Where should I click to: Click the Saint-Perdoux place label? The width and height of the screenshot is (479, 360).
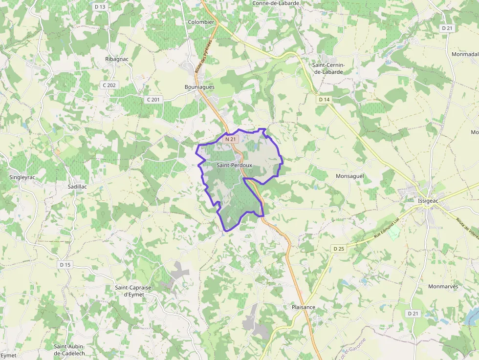[x=234, y=166]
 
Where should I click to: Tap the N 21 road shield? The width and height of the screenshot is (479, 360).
[x=231, y=139]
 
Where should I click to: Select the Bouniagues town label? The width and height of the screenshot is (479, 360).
[x=199, y=87]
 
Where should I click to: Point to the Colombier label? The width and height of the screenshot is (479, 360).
[x=201, y=22]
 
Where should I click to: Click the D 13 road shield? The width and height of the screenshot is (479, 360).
[x=100, y=6]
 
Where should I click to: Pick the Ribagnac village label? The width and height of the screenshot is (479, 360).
[x=117, y=59]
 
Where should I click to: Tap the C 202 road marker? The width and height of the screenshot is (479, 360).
[x=109, y=85]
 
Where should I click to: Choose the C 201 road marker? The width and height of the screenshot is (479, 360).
[x=153, y=100]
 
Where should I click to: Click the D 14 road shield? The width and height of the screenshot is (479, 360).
[x=324, y=100]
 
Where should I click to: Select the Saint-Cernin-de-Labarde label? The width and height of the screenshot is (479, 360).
[x=328, y=68]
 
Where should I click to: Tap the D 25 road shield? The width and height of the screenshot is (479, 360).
[x=339, y=249]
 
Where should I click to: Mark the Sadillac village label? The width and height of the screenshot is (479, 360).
[x=78, y=187]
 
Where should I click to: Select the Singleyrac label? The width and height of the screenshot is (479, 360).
[x=22, y=177]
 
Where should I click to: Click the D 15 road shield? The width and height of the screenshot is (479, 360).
[x=65, y=264]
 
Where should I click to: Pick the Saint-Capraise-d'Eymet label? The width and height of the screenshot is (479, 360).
[x=133, y=291]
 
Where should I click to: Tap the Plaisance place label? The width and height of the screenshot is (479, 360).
[x=304, y=307]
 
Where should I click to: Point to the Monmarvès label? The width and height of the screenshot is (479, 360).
[x=443, y=286]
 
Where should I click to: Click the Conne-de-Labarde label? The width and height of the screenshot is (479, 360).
[x=276, y=3]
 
